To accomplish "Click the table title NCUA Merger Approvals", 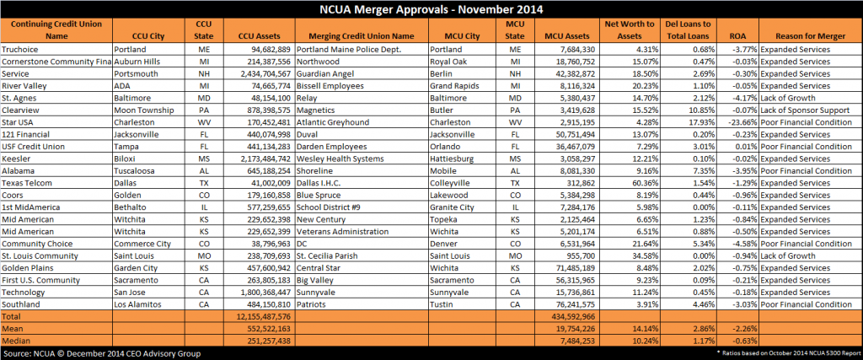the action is [x=431, y=9].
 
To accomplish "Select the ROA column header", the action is [x=737, y=36].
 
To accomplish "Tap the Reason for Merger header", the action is [x=810, y=36].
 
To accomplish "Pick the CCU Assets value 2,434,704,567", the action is [x=259, y=73].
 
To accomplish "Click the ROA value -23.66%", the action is [x=742, y=122].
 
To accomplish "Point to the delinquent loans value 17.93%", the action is [x=701, y=122].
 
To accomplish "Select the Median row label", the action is [x=15, y=341].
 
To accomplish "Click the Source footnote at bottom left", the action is [x=102, y=353].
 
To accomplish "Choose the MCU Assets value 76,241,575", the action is [x=569, y=304].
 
